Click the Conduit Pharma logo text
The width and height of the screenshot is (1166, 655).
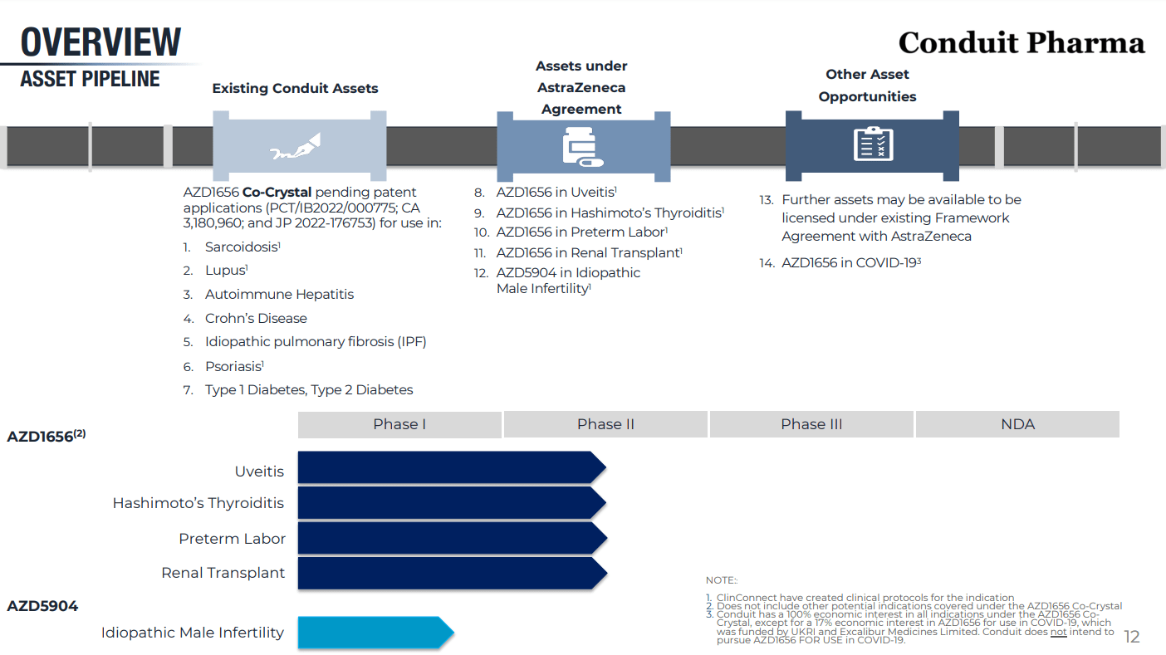[1021, 42]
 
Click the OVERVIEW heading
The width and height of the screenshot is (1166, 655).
[100, 42]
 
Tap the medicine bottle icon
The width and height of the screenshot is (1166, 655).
[582, 145]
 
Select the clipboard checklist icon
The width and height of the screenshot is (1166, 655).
[873, 144]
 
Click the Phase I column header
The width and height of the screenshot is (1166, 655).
[399, 424]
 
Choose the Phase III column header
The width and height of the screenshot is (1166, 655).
[811, 424]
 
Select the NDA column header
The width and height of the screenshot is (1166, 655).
[1017, 424]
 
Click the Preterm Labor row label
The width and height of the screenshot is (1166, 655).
[232, 539]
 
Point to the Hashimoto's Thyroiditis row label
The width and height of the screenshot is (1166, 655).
[198, 503]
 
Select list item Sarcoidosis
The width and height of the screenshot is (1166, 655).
[242, 247]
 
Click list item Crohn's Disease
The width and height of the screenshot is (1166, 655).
[256, 319]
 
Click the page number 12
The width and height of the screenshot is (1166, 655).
[1131, 637]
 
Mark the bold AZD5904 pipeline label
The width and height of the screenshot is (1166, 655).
[42, 606]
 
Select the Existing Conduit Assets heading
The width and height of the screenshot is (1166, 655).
[295, 88]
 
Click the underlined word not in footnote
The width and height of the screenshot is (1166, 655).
[1058, 632]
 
